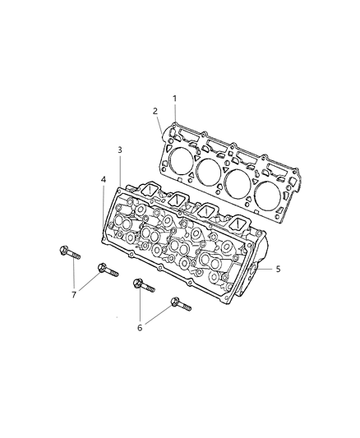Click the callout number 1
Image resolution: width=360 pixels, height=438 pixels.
click(174, 99)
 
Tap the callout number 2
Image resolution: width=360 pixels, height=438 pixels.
click(154, 111)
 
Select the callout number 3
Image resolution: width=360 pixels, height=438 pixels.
click(120, 150)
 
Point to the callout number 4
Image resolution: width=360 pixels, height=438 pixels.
click(103, 179)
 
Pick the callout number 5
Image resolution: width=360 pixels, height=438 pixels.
click(278, 269)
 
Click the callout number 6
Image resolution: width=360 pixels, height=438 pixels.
click(139, 327)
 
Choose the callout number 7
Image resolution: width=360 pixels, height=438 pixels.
click(74, 295)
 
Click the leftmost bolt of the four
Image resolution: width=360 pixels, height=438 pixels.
click(67, 253)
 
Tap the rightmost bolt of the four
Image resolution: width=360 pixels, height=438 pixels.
click(179, 306)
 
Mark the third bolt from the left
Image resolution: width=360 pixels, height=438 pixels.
click(142, 288)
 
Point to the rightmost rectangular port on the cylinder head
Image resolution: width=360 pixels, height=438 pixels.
click(238, 224)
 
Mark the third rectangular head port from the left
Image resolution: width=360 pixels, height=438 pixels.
click(206, 212)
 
